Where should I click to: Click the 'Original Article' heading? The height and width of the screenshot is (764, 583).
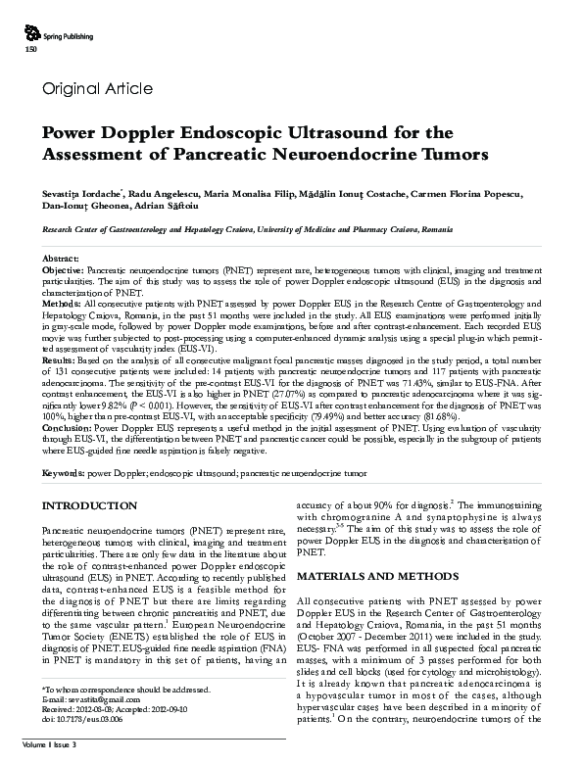click(x=97, y=89)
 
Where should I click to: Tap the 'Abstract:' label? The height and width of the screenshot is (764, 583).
click(x=62, y=258)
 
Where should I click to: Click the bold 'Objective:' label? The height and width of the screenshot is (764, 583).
click(x=64, y=267)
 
